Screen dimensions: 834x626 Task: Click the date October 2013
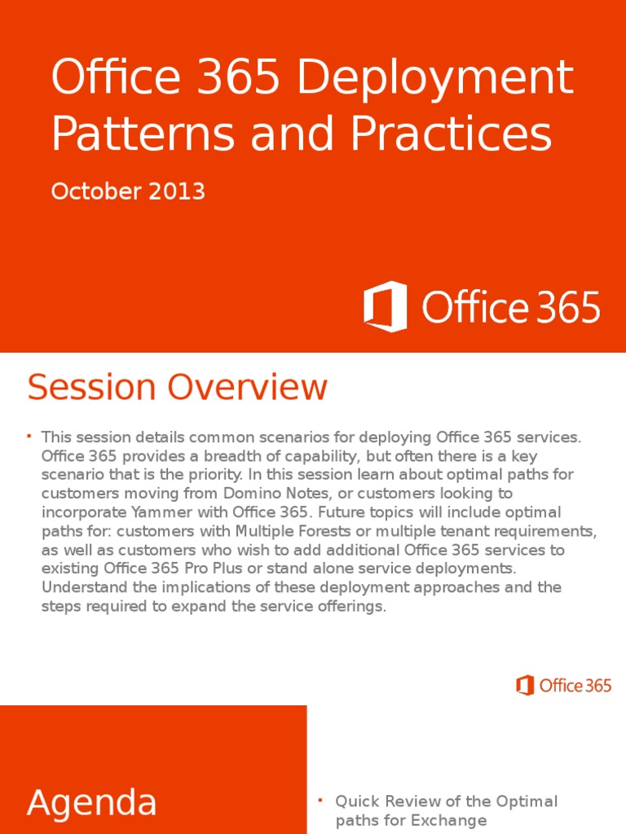pyautogui.click(x=128, y=191)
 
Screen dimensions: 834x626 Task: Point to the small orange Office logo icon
pyautogui.click(x=525, y=685)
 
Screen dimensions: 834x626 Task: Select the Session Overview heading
pyautogui.click(x=178, y=388)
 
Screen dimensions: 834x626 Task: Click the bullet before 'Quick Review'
pyautogui.click(x=321, y=800)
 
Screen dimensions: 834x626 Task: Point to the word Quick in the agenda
pyautogui.click(x=355, y=801)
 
